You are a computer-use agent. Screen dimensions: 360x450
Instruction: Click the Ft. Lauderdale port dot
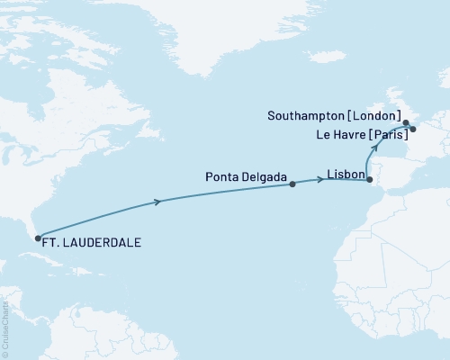pyautogui.click(x=37, y=238)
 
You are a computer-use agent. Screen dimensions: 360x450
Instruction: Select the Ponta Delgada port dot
pyautogui.click(x=292, y=184)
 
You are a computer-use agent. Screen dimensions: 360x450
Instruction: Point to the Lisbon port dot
pyautogui.click(x=370, y=180)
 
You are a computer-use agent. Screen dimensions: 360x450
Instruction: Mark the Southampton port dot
pyautogui.click(x=406, y=122)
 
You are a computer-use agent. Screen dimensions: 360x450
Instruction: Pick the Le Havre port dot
pyautogui.click(x=413, y=129)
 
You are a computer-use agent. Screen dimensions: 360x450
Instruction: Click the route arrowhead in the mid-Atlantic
pyautogui.click(x=159, y=202)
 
